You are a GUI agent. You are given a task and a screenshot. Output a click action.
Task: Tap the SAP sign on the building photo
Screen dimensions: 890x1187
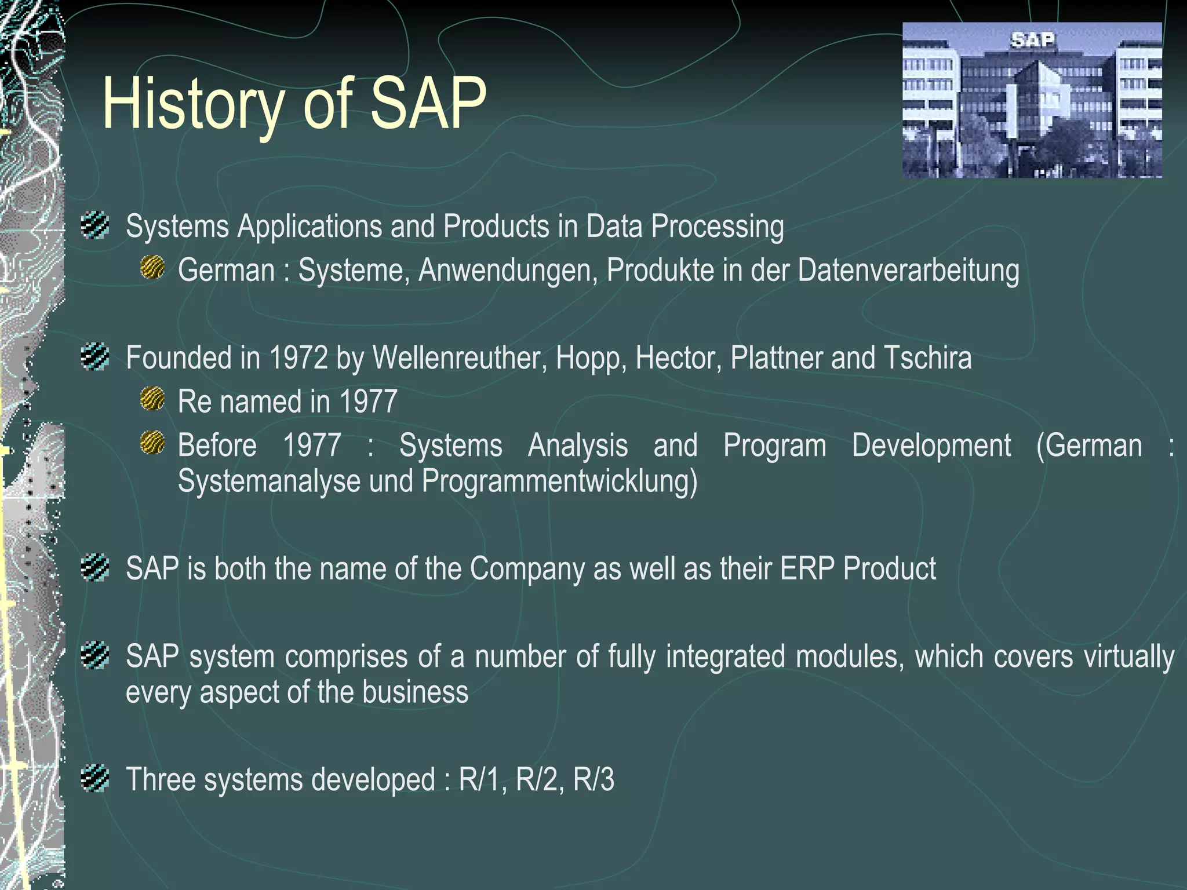(1032, 41)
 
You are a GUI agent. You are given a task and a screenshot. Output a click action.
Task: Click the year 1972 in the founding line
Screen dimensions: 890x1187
(298, 358)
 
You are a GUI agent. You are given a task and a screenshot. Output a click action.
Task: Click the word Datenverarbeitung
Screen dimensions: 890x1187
(908, 271)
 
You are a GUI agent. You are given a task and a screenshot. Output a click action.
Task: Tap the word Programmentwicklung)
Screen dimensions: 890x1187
(559, 482)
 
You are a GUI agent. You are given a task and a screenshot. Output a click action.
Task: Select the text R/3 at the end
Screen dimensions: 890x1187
(593, 779)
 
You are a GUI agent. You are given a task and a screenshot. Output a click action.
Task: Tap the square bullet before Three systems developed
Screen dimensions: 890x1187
(95, 778)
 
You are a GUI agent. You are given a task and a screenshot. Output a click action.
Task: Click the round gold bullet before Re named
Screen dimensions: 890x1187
(152, 399)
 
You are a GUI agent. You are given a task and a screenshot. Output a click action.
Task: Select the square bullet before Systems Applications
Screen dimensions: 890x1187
(95, 225)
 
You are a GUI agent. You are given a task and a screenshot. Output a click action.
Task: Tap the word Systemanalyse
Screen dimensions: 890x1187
(269, 482)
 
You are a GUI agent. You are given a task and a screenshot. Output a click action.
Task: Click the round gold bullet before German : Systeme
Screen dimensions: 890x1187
(152, 268)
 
